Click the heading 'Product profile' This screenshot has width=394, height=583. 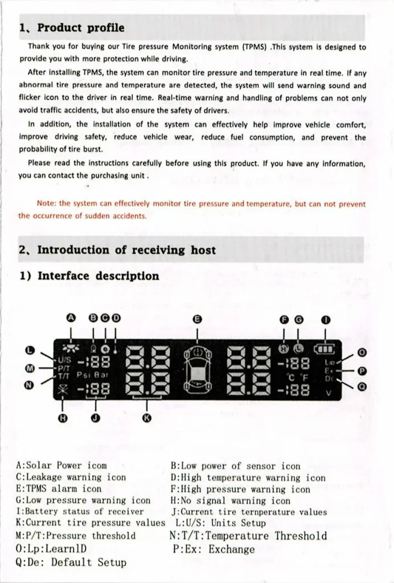coord(80,28)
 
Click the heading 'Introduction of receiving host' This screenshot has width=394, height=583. coord(126,250)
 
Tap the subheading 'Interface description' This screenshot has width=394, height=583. coord(98,276)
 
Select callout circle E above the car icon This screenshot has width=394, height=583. coord(197,319)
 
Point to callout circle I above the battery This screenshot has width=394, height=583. coord(325,319)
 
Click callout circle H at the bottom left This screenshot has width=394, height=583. coord(63,418)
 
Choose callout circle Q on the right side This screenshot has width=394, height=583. coord(362,386)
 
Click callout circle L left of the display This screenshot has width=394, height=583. coord(31,350)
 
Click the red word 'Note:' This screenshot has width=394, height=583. coord(46,203)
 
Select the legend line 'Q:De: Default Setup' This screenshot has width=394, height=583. coord(71,562)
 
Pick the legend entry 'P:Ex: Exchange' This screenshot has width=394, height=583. coord(213,549)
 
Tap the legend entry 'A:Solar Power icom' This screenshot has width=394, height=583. coord(61,466)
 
